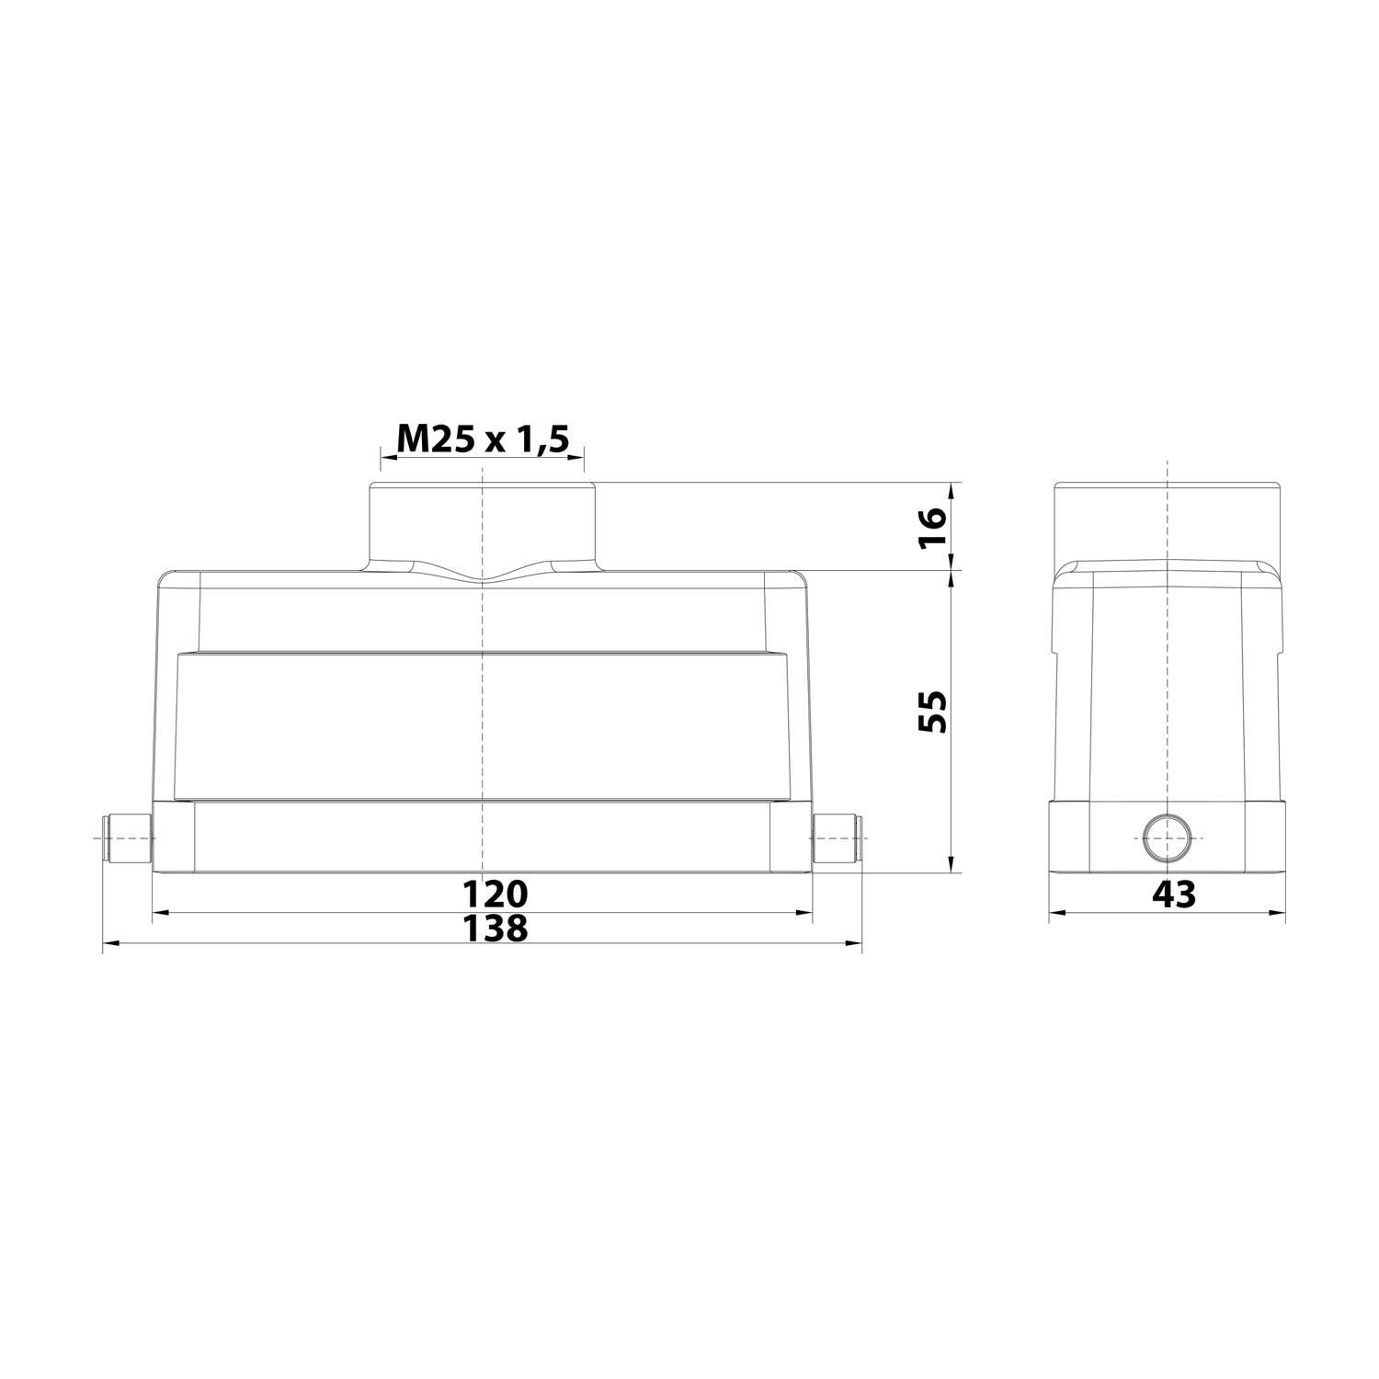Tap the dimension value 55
click(x=931, y=711)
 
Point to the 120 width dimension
click(x=495, y=894)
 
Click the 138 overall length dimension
click(x=495, y=928)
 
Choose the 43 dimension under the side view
click(x=1174, y=894)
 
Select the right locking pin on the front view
click(x=837, y=838)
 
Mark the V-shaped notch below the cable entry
click(x=483, y=576)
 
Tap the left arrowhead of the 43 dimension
click(x=1057, y=913)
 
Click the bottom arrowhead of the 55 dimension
click(x=951, y=864)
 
